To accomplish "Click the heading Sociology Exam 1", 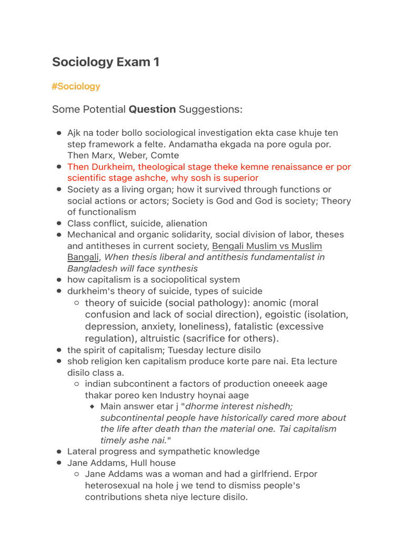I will pyautogui.click(x=105, y=62).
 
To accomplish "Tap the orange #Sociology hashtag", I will pyautogui.click(x=76, y=86).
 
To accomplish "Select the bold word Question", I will pyautogui.click(x=153, y=109).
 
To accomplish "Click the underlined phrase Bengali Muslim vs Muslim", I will pyautogui.click(x=267, y=246).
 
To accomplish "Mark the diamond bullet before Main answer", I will pyautogui.click(x=92, y=406).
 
